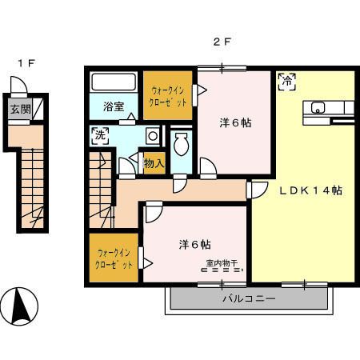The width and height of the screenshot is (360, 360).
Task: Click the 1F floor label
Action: coord(26,62)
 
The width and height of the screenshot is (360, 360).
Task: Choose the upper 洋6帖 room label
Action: coord(236,124)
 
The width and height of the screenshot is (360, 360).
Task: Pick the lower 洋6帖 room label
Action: coord(194,243)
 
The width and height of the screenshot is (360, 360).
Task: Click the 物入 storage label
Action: coord(154,164)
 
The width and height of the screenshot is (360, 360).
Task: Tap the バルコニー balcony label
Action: coord(249,299)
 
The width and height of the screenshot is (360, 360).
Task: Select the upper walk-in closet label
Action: coord(168,96)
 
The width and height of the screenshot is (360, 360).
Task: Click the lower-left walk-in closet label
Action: coord(114,258)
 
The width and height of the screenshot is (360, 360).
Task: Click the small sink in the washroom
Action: coord(151,136)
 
